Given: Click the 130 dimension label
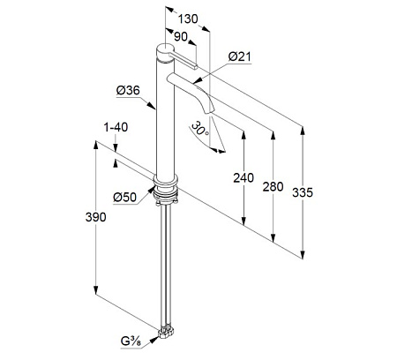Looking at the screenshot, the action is [188, 19].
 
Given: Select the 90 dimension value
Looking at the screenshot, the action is [181, 37].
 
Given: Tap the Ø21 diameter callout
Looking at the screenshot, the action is [240, 56].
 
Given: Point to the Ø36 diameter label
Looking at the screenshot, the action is [128, 90].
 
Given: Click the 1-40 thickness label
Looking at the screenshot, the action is [116, 127].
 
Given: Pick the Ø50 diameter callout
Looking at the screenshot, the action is [125, 197].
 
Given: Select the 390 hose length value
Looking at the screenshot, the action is [95, 217].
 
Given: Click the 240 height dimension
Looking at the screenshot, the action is [243, 178].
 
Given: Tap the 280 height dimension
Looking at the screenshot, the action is [273, 187].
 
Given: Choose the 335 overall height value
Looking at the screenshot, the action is [303, 192].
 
